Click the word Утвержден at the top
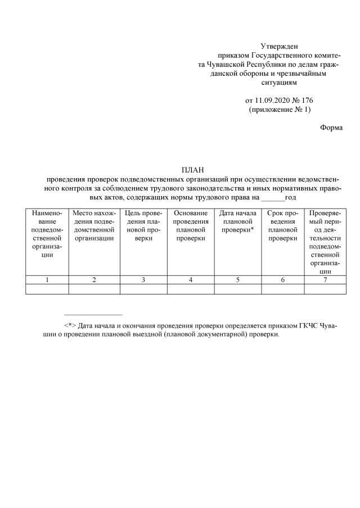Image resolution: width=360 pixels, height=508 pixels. coord(279,46)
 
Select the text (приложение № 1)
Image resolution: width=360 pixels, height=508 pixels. coord(279,110)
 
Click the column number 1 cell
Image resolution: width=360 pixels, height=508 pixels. coord(47,280)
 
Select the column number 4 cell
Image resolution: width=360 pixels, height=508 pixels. coord(191,280)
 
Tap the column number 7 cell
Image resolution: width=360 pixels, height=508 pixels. coord(325,280)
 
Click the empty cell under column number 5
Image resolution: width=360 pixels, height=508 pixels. coord(237,289)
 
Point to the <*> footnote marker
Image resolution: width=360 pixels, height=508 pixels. coord(70,325)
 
